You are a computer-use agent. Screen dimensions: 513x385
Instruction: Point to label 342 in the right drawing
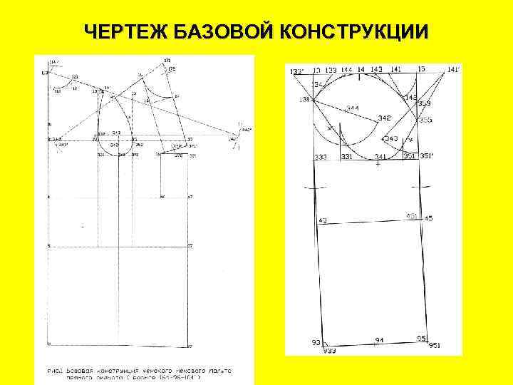pyautogui.click(x=384, y=118)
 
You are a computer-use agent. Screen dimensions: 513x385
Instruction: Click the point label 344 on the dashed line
pyautogui.click(x=352, y=108)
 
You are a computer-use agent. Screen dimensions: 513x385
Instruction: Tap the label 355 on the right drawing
pyautogui.click(x=425, y=120)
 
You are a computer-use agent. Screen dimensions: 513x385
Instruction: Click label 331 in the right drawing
pyautogui.click(x=347, y=156)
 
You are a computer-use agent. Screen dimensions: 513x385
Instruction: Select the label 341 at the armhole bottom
pyautogui.click(x=381, y=156)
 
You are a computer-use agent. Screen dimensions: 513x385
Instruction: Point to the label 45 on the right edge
pyautogui.click(x=428, y=218)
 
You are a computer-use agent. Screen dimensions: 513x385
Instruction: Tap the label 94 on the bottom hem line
pyautogui.click(x=379, y=341)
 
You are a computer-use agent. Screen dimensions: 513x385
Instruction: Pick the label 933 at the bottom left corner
pyautogui.click(x=329, y=351)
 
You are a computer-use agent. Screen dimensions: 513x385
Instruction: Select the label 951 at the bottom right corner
pyautogui.click(x=435, y=346)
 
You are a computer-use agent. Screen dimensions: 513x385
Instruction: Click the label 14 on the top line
pyautogui.click(x=361, y=69)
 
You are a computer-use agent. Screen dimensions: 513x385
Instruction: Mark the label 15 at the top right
pyautogui.click(x=422, y=68)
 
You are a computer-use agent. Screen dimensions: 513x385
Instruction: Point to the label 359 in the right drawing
pyautogui.click(x=425, y=104)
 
